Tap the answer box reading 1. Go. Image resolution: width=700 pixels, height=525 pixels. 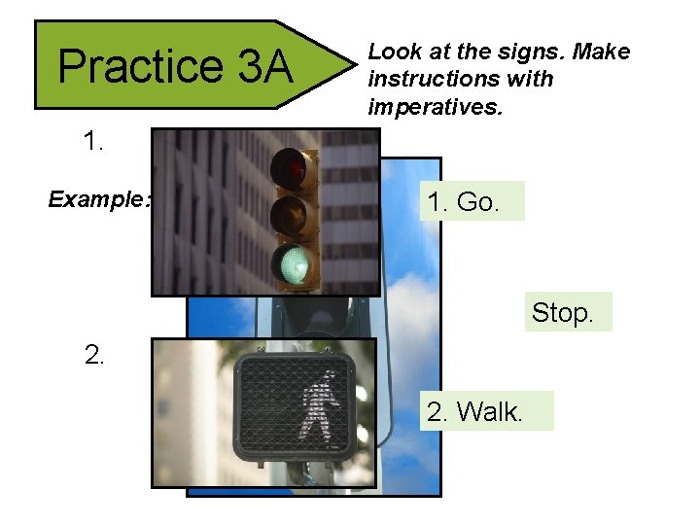pos(466,202)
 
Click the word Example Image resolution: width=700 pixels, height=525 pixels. pos(99,200)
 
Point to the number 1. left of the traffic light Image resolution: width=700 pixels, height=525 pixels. pos(93,142)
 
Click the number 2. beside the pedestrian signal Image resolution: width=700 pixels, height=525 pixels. pos(93,355)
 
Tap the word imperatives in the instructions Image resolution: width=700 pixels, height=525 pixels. pos(435,106)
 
